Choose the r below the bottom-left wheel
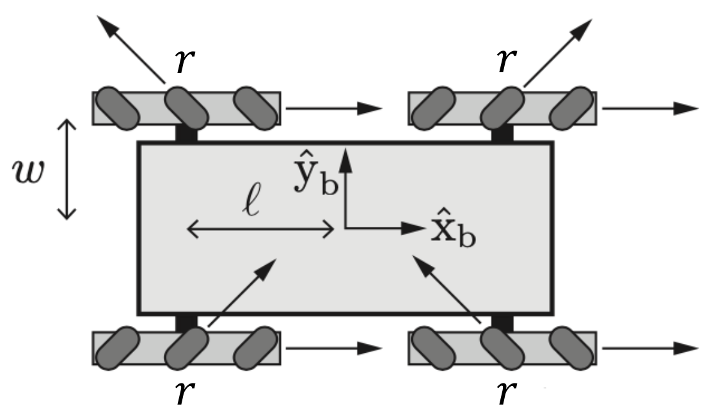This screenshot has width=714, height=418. [x=184, y=394]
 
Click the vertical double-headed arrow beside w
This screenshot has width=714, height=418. [x=68, y=168]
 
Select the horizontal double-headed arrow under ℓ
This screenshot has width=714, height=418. [x=261, y=229]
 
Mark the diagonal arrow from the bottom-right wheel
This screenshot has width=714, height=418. [x=447, y=288]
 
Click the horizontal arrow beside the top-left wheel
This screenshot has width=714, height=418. [x=333, y=108]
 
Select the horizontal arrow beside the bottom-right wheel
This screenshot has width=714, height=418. [x=649, y=348]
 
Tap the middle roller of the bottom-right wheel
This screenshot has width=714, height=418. [x=502, y=348]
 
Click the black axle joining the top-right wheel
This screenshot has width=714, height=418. [x=502, y=134]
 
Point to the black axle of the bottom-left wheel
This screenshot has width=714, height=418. [x=187, y=323]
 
